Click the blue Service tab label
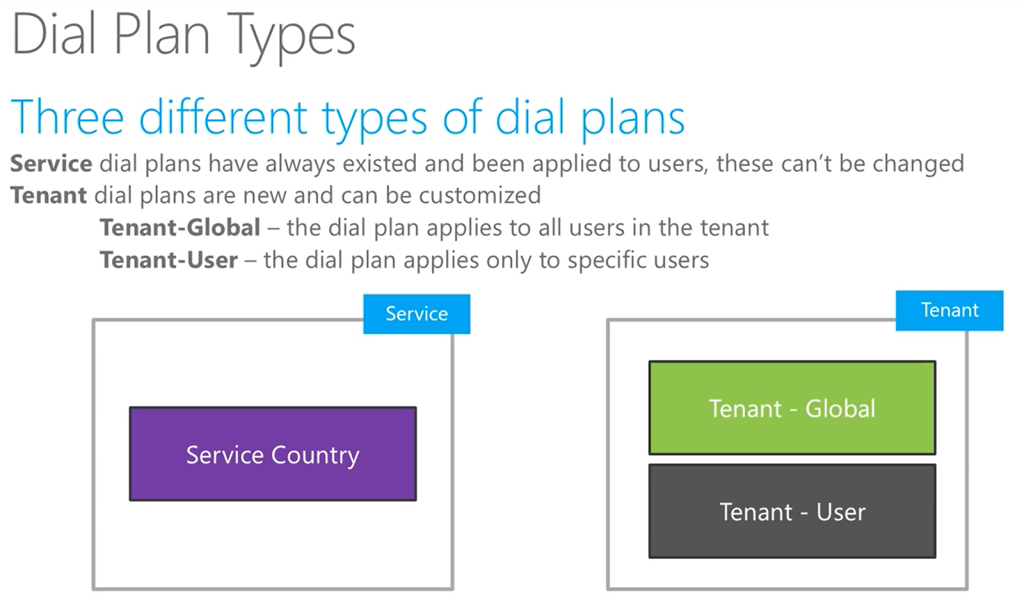click(417, 314)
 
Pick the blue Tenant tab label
click(949, 311)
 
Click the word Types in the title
click(291, 36)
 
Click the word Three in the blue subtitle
click(67, 118)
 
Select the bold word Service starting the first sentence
click(51, 164)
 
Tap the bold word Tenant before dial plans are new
click(49, 195)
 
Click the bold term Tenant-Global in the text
click(180, 228)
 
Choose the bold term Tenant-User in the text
click(168, 261)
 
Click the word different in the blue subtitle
click(223, 118)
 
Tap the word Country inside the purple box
click(315, 455)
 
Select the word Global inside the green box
click(840, 409)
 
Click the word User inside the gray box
click(840, 512)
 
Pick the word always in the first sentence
click(300, 165)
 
